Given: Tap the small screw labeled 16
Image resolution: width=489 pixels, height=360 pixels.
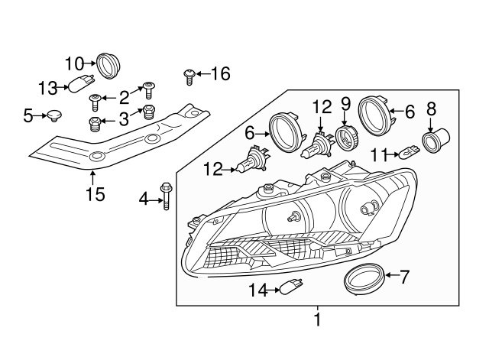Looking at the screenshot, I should click(189, 75).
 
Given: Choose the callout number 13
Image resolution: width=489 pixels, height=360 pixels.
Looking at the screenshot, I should click(47, 88).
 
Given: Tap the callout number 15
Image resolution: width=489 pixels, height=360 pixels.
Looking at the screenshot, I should click(94, 196).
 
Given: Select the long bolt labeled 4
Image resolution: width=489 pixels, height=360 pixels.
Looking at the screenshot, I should click(165, 195).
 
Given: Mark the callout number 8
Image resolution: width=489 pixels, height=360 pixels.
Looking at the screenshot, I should click(431, 108).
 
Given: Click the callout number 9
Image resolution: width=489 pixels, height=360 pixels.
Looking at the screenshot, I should click(345, 102).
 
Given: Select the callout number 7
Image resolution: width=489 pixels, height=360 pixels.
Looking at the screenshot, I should click(405, 277).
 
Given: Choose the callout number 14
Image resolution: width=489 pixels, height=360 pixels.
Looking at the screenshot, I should click(261, 290).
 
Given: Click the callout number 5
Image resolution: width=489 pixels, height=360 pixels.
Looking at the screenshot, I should click(28, 116).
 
